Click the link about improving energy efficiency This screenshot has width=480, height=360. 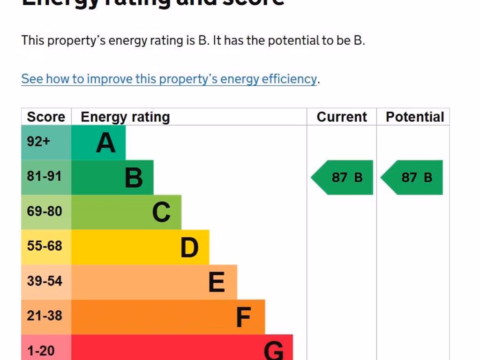(169, 79)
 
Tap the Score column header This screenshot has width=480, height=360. (46, 117)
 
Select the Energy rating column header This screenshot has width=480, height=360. (125, 117)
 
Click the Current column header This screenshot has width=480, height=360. (342, 117)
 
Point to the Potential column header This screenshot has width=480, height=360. (414, 117)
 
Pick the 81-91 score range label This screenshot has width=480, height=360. (45, 176)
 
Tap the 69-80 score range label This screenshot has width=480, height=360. (45, 211)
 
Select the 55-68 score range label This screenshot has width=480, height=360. (45, 246)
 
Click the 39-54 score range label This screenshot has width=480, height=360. (45, 281)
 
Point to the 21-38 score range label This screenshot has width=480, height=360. (45, 315)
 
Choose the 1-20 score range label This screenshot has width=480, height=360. (41, 350)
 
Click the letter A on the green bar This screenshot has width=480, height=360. (105, 143)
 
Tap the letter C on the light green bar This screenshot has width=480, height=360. (161, 213)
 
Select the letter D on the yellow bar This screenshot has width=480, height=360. (189, 247)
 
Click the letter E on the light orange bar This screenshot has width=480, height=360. (217, 283)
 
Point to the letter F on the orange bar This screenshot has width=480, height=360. (244, 317)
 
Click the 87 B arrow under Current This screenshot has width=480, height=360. (343, 177)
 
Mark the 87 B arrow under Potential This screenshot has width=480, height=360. (412, 177)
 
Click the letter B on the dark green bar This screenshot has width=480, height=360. (134, 178)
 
